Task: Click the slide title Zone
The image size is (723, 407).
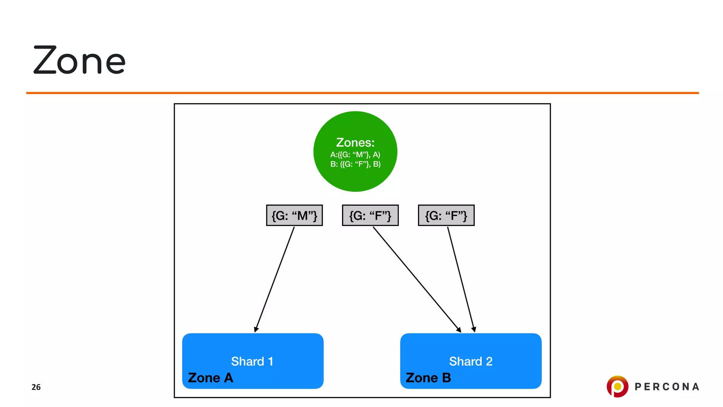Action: (x=79, y=61)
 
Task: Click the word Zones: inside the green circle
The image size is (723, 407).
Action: (x=355, y=142)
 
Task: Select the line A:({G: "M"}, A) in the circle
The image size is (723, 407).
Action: (x=355, y=155)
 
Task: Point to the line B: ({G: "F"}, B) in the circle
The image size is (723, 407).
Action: (x=355, y=164)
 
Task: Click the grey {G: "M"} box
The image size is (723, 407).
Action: (x=294, y=215)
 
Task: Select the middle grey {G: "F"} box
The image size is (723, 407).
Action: (x=370, y=215)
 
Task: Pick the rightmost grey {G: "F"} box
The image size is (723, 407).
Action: (x=446, y=215)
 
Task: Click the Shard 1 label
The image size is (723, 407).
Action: (x=252, y=361)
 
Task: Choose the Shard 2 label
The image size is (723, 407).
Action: (x=471, y=361)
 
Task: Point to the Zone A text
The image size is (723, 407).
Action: (x=211, y=378)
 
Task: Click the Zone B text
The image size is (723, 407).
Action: (x=428, y=378)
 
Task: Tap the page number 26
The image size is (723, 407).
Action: (x=36, y=387)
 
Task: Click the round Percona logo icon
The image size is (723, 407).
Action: (x=617, y=386)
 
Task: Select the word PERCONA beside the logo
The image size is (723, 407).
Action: (x=667, y=387)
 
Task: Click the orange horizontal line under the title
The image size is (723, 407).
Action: (x=362, y=93)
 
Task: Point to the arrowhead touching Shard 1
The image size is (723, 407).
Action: (x=256, y=329)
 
